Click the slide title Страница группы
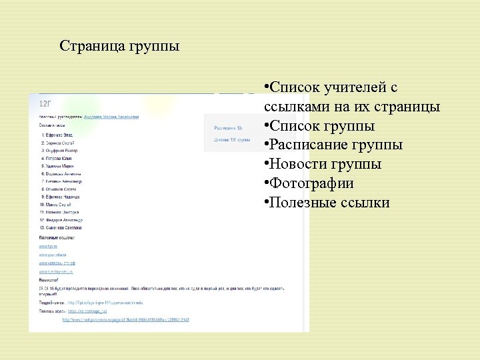pos(119,47)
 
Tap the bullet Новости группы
pos(325,164)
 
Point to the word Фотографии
pos(311,183)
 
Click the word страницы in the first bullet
pos(407,107)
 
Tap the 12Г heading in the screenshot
pos(46,104)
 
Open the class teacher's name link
pos(112,117)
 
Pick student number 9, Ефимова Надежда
pos(61,197)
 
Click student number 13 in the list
pos(62,228)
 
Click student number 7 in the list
pos(62,180)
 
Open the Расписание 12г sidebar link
pos(228,127)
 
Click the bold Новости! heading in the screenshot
pos(49,281)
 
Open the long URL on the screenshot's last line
pos(126,320)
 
